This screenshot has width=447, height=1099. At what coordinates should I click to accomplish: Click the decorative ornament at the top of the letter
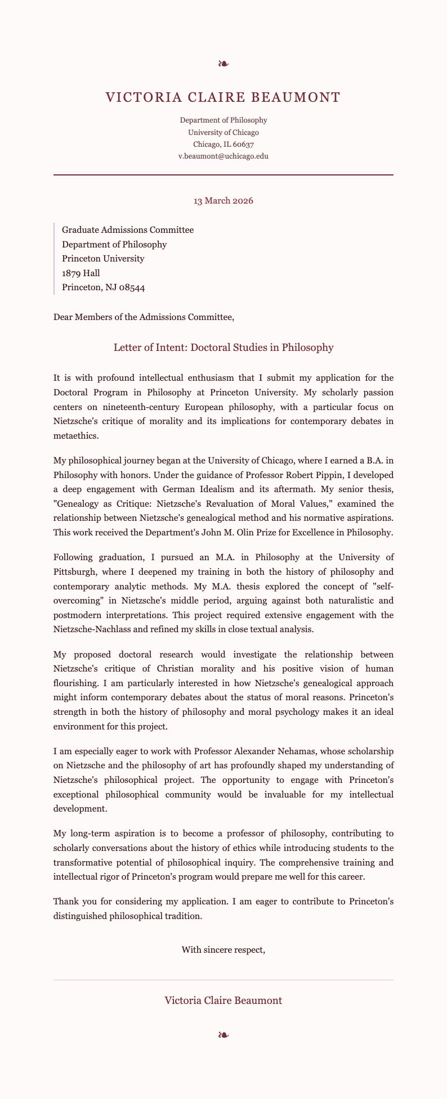point(223,64)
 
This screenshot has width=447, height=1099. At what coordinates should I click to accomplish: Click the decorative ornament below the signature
point(223,1034)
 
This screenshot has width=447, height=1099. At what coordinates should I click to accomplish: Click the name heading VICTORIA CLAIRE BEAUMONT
point(223,97)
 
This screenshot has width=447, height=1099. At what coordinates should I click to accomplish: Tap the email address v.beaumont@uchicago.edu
point(223,156)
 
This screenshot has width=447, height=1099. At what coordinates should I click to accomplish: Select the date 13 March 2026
point(223,201)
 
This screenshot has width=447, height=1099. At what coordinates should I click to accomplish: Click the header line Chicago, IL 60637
point(223,145)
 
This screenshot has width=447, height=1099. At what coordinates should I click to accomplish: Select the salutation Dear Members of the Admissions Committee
point(143,317)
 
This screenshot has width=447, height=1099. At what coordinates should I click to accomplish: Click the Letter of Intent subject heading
point(223,348)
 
